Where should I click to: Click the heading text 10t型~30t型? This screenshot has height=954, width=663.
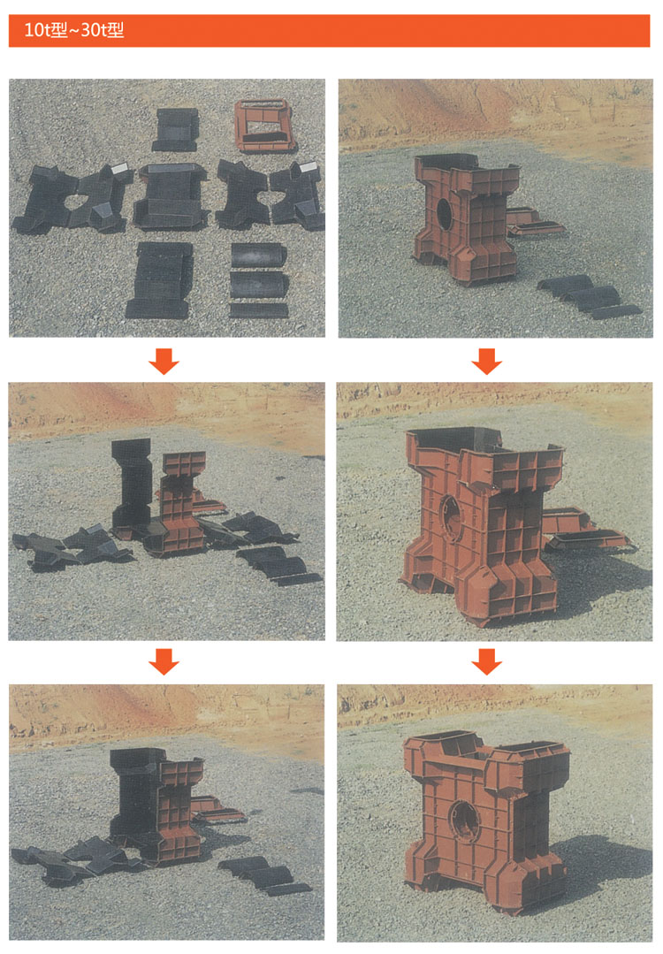pyautogui.click(x=73, y=30)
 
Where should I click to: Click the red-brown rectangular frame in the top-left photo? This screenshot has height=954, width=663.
pyautogui.click(x=265, y=126)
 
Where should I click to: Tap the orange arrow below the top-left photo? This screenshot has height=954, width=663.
pyautogui.click(x=164, y=361)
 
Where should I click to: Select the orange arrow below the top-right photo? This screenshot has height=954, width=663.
pyautogui.click(x=486, y=361)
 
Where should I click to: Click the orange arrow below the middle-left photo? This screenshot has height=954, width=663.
pyautogui.click(x=164, y=662)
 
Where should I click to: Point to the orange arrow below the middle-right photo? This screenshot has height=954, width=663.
pyautogui.click(x=486, y=662)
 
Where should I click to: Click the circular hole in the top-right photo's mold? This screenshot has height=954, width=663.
pyautogui.click(x=444, y=214)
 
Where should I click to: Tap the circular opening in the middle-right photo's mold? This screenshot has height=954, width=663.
pyautogui.click(x=451, y=516)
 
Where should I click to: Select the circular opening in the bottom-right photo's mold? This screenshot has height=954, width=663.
pyautogui.click(x=465, y=820)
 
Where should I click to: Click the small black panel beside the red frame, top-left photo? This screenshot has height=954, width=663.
pyautogui.click(x=176, y=130)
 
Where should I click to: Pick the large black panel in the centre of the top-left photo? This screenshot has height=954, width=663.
pyautogui.click(x=171, y=196)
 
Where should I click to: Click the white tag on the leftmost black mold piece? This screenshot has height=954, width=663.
pyautogui.click(x=120, y=168)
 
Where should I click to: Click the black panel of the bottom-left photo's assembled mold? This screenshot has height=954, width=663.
pyautogui.click(x=134, y=791)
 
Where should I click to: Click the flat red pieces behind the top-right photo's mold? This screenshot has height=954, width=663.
pyautogui.click(x=533, y=223)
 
